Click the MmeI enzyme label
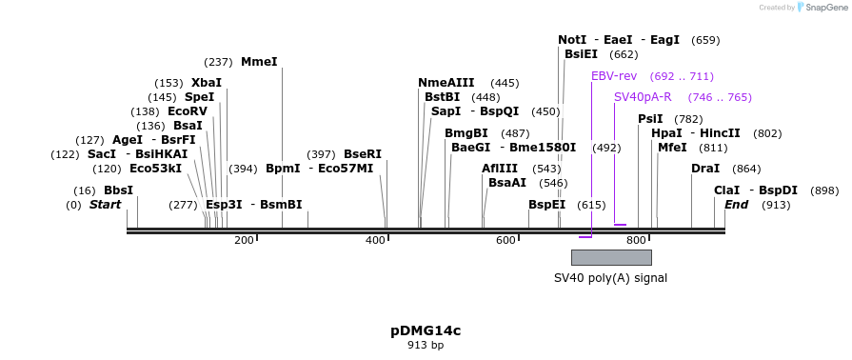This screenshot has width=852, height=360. coord(259,62)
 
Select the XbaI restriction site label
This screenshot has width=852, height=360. coord(207,83)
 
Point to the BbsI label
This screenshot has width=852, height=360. coord(118,190)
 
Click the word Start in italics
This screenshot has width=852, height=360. coord(106,205)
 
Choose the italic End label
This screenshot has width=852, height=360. coord(736,205)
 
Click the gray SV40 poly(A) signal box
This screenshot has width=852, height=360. coord(611,257)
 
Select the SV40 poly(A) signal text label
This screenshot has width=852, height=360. coord(611,278)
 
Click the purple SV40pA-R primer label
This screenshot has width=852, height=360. coord(643,97)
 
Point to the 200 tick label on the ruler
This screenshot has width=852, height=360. coord(244,240)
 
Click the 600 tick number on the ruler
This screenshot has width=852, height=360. coord(505,240)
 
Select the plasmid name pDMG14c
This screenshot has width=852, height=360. coord(426,330)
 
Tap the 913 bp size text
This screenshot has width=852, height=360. coord(426,345)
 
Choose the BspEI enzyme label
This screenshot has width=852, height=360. coord(546,205)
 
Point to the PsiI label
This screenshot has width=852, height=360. coord(650,119)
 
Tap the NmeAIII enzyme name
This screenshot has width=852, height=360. coord(446,83)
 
